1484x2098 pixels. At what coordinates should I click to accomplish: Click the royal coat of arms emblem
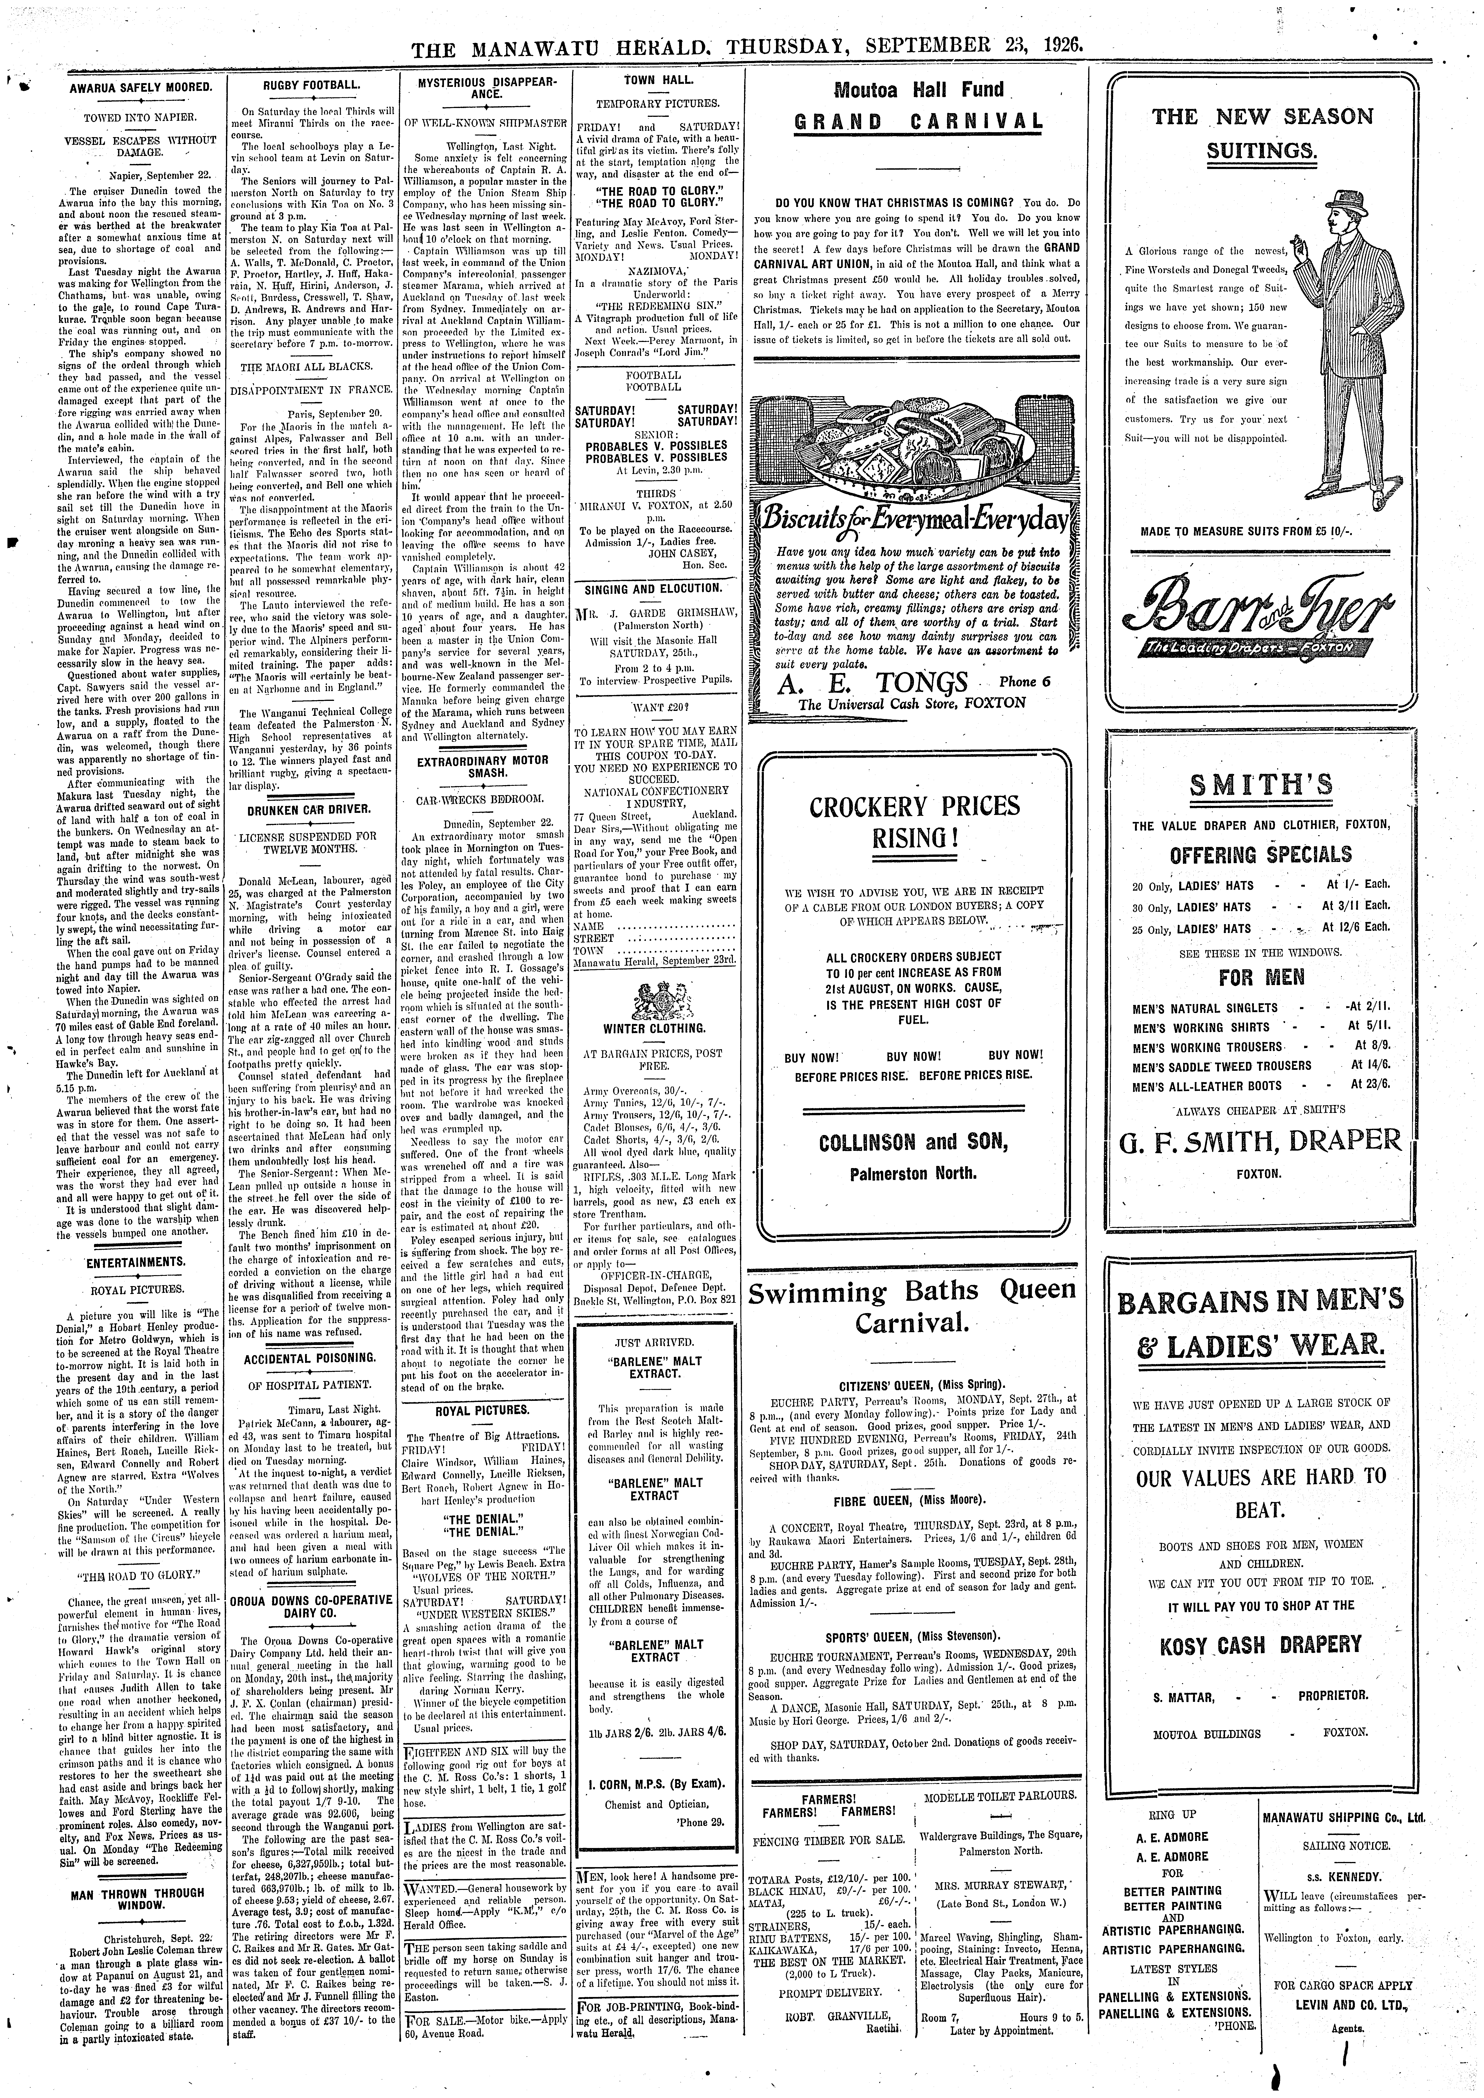pyautogui.click(x=654, y=998)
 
